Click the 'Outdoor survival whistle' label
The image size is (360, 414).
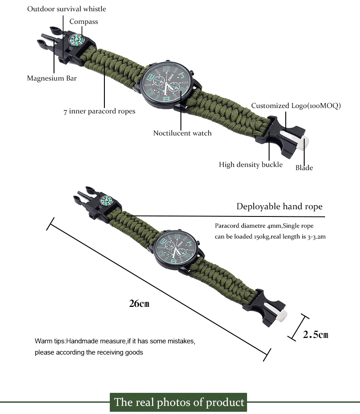[x=67, y=9]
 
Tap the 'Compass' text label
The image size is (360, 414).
[x=83, y=22]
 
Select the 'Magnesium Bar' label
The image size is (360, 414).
[x=52, y=78]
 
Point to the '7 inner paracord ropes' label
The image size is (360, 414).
[x=99, y=111]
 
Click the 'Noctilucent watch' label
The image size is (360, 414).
[x=182, y=133]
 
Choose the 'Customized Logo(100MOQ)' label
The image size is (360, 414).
[x=296, y=106]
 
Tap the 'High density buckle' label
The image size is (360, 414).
[x=251, y=165]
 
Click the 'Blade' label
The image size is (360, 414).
[x=304, y=168]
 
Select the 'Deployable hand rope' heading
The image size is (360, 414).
[x=279, y=207]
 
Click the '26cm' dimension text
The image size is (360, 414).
[x=139, y=303]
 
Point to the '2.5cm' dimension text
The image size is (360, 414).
[x=315, y=334]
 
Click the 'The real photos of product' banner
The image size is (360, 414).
[x=180, y=402]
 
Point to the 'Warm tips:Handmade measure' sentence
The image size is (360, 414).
[x=115, y=341]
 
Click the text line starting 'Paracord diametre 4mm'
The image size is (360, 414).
[x=264, y=225]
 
